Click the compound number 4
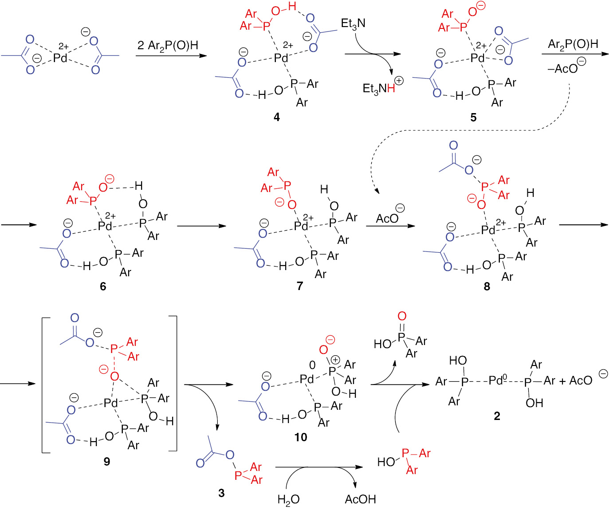277,117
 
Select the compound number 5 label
473,118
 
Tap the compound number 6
103,286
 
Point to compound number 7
300,286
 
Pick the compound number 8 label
487,286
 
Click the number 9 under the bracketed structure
107,462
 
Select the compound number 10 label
301,438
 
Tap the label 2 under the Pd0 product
497,416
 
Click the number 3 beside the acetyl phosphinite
221,493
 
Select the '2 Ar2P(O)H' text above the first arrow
168,46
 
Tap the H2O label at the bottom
288,500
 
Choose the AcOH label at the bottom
360,500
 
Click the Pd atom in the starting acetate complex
60,58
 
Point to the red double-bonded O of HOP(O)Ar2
402,316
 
